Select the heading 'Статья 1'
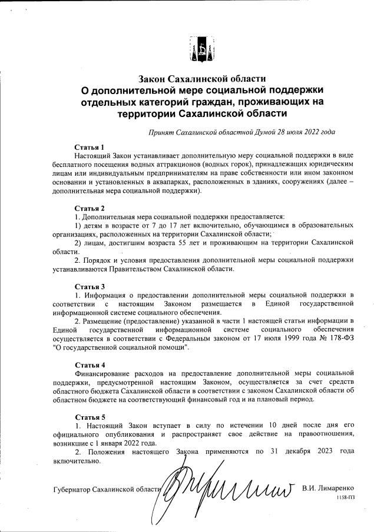click(x=90, y=147)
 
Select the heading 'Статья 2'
click(x=90, y=208)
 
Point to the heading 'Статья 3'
click(x=90, y=286)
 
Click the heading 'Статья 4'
click(x=90, y=364)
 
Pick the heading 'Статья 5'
click(x=90, y=417)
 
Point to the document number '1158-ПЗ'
click(x=346, y=497)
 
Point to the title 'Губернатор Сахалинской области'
click(x=107, y=489)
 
